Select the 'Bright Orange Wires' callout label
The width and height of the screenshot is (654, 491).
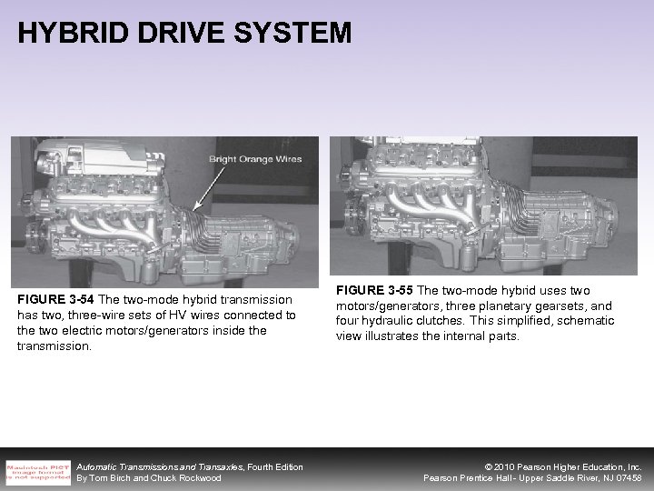point(255,159)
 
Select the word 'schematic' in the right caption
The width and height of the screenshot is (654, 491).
point(585,320)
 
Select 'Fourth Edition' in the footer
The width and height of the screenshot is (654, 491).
point(270,466)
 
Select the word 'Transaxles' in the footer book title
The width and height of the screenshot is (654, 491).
point(210,466)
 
